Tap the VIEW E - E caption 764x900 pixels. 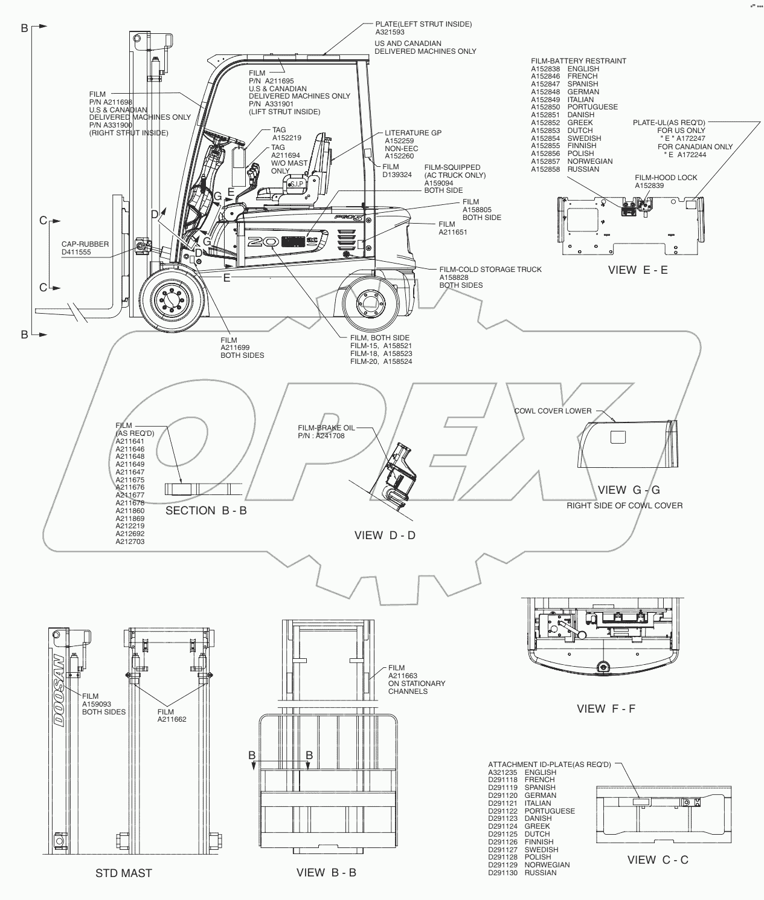coord(637,270)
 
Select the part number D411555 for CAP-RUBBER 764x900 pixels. coord(76,252)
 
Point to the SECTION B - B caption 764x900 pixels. coord(206,511)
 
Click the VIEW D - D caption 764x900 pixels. coord(385,535)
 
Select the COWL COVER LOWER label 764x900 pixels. coord(552,411)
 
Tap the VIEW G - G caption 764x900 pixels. coord(629,490)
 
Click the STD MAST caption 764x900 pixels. coord(124,873)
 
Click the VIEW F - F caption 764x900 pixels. coord(606,708)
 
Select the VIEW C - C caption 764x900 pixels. coord(658,860)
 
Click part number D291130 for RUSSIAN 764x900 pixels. coord(502,873)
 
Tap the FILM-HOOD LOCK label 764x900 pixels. coord(666,178)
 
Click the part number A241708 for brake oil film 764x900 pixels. coord(330,435)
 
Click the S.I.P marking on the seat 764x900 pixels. coord(297,184)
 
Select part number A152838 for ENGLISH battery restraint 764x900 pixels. coord(545,69)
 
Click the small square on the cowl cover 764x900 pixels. coord(618,436)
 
